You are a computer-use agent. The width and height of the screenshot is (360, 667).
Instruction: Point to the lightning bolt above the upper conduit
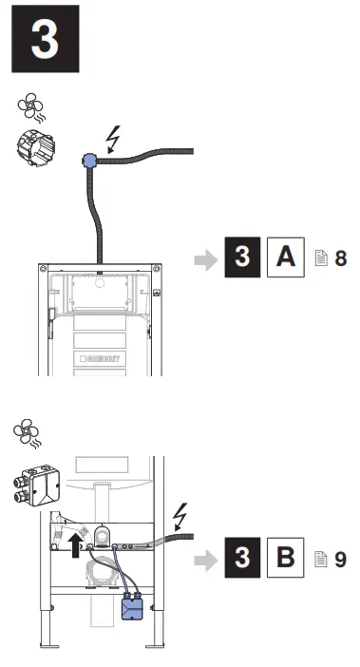(114, 140)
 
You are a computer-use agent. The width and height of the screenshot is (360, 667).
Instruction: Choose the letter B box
(285, 559)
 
